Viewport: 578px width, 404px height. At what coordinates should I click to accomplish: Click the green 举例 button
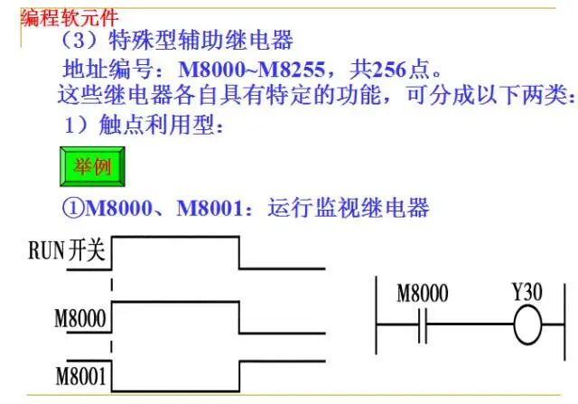pyautogui.click(x=92, y=166)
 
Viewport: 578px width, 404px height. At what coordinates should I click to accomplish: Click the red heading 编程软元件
pyautogui.click(x=70, y=17)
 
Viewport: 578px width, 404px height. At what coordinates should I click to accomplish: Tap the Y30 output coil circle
pyautogui.click(x=527, y=325)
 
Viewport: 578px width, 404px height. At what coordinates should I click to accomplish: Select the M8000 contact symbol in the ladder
pyautogui.click(x=423, y=325)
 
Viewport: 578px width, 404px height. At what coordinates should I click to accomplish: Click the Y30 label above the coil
pyautogui.click(x=527, y=292)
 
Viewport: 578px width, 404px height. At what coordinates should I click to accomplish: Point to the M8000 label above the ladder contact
pyautogui.click(x=423, y=294)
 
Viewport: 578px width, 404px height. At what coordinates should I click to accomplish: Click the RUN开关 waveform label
pyautogui.click(x=67, y=250)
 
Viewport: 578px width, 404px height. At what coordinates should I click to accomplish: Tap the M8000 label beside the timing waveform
pyautogui.click(x=80, y=318)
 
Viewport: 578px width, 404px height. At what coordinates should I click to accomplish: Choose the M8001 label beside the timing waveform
pyautogui.click(x=80, y=376)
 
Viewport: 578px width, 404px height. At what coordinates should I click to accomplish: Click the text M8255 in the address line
pyautogui.click(x=291, y=69)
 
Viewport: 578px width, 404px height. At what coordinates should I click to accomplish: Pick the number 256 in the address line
pyautogui.click(x=389, y=69)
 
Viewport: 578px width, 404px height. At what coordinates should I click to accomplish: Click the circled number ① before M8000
pyautogui.click(x=73, y=207)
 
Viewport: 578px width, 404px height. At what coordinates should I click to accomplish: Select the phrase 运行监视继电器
pyautogui.click(x=349, y=207)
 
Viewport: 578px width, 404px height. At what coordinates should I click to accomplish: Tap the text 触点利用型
pyautogui.click(x=156, y=125)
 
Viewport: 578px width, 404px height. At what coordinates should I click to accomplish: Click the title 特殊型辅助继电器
pyautogui.click(x=200, y=40)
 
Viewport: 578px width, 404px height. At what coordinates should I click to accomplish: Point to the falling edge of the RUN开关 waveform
pyautogui.click(x=239, y=252)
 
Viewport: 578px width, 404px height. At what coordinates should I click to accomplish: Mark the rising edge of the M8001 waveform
pyautogui.click(x=239, y=376)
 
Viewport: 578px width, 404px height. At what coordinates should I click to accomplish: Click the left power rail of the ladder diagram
pyautogui.click(x=376, y=315)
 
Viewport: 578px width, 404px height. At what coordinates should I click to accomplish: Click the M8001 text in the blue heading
pyautogui.click(x=210, y=208)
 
